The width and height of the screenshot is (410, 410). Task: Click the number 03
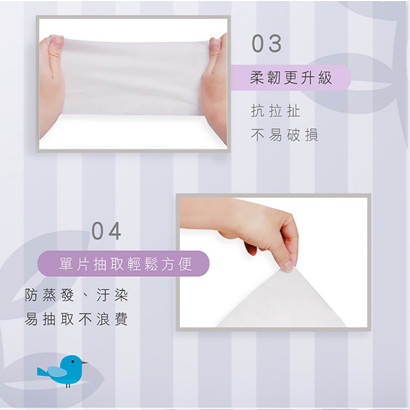266,43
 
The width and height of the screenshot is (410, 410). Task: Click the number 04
107,231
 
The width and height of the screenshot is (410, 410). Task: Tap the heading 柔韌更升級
291,78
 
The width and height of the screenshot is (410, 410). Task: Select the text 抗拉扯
276,111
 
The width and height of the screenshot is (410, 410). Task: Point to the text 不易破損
284,135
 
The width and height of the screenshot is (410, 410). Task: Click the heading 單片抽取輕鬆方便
126,264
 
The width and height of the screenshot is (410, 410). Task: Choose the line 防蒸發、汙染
77,295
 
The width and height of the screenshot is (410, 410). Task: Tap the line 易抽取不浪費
77,319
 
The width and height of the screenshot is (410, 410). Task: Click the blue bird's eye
73,362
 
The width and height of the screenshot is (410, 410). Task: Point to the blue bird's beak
85,362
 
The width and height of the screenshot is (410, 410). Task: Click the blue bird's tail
42,372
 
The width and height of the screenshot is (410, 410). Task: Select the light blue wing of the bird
57,371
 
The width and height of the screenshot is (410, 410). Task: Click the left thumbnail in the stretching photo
58,42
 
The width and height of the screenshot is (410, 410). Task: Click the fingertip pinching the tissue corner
288,265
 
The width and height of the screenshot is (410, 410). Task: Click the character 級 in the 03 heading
325,78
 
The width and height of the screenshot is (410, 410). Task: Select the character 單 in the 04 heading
66,264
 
